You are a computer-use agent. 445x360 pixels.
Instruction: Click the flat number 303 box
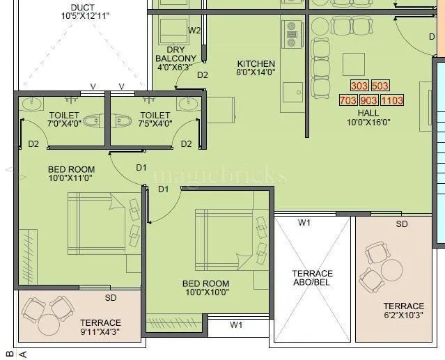pyautogui.click(x=359, y=86)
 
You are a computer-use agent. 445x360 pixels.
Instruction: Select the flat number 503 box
pyautogui.click(x=380, y=86)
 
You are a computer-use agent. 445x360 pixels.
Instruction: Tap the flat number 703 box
pyautogui.click(x=348, y=100)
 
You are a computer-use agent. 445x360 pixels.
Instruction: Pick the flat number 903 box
pyautogui.click(x=369, y=100)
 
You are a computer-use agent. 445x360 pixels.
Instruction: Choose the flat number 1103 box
pyautogui.click(x=392, y=100)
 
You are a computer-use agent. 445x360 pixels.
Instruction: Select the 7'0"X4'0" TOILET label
pyautogui.click(x=65, y=119)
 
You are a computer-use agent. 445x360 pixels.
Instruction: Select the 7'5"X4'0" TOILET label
pyautogui.click(x=155, y=119)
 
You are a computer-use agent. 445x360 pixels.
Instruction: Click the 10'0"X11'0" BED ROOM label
pyautogui.click(x=71, y=173)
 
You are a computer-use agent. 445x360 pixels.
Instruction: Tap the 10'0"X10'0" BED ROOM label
pyautogui.click(x=205, y=288)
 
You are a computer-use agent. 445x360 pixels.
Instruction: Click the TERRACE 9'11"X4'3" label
pyautogui.click(x=100, y=327)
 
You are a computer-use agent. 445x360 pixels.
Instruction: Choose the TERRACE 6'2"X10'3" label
pyautogui.click(x=403, y=311)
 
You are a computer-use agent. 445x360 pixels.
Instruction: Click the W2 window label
pyautogui.click(x=195, y=30)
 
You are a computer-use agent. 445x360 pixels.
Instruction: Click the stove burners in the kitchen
pyautogui.click(x=290, y=33)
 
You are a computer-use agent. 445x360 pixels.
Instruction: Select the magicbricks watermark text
pyautogui.click(x=219, y=175)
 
